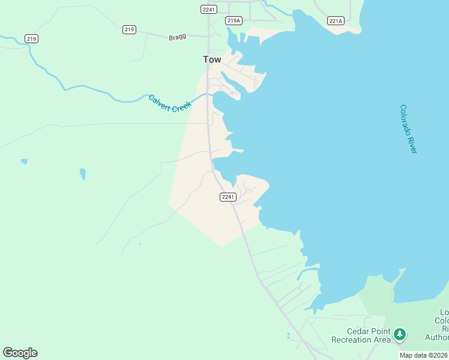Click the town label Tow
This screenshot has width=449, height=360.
[x=212, y=59]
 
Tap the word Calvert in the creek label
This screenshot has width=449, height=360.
[x=160, y=101]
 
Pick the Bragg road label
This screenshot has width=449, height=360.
[x=177, y=36]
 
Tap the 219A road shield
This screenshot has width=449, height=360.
[x=234, y=20]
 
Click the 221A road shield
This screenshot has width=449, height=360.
[x=336, y=21]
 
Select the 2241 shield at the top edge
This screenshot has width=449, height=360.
[x=208, y=9]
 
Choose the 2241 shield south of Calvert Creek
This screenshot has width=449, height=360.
[x=228, y=197]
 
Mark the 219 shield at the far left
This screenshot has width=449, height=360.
[x=32, y=38]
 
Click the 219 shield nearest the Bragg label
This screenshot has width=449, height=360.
[x=129, y=29]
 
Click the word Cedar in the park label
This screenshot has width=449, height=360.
[x=358, y=331]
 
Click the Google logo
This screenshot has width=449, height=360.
[x=20, y=353]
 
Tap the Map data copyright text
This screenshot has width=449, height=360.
[x=423, y=355]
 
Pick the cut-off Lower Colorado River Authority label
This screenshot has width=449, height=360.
[x=444, y=325]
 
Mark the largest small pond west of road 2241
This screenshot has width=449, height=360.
[x=82, y=174]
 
